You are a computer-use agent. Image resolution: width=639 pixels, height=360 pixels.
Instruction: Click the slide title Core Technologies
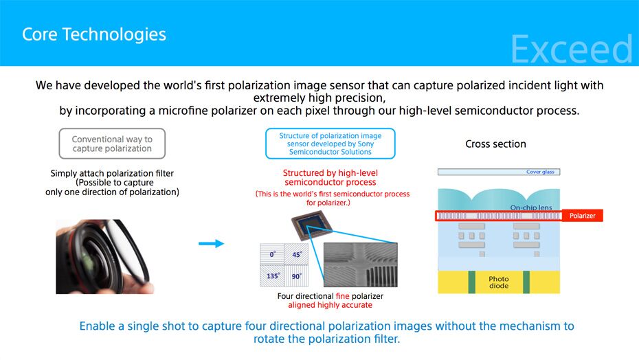tap(94, 34)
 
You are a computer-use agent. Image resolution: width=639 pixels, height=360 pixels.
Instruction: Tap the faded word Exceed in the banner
tap(571, 49)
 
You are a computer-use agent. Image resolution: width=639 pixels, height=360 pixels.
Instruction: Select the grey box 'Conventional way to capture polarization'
tap(112, 144)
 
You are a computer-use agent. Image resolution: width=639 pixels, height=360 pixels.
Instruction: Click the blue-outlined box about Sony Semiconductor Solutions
tap(330, 144)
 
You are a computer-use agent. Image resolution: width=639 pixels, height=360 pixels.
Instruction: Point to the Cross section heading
tap(495, 144)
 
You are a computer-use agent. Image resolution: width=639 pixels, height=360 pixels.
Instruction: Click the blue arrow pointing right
tap(211, 243)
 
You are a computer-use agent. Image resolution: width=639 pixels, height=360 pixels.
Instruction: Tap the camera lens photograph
tap(104, 256)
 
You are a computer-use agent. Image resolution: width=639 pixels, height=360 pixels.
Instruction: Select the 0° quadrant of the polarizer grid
tap(273, 255)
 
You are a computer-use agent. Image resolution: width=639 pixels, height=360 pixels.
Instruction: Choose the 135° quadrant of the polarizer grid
tap(273, 276)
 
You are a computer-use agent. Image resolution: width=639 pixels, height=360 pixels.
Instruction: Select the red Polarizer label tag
tap(583, 216)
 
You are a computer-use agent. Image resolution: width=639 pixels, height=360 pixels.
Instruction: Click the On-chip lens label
tap(530, 207)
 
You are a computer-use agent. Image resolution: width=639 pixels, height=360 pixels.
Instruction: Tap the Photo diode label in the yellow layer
tap(499, 282)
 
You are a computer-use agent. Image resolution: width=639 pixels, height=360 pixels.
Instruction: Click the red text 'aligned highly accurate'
tap(330, 304)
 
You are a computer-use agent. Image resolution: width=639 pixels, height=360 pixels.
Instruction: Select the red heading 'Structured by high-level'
tap(330, 172)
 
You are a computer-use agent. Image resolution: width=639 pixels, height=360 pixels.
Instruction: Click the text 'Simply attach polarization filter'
tap(112, 174)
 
